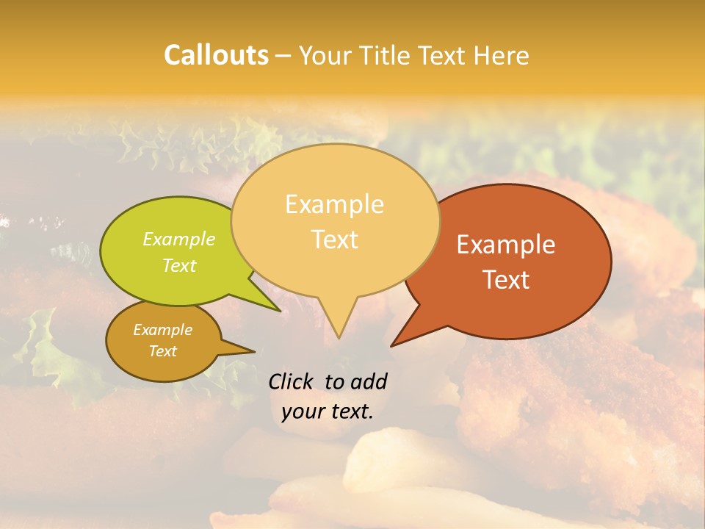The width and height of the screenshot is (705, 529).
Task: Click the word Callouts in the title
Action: pyautogui.click(x=216, y=56)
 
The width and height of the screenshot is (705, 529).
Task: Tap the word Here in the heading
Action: pyautogui.click(x=501, y=56)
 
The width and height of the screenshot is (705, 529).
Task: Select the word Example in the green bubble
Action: pyautogui.click(x=179, y=240)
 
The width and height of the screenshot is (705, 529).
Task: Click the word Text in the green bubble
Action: pyautogui.click(x=179, y=265)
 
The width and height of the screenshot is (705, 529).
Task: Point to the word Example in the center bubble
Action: pyautogui.click(x=334, y=204)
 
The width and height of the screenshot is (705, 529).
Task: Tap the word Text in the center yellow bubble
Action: pyautogui.click(x=335, y=240)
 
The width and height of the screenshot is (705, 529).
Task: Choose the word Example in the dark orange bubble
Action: pyautogui.click(x=506, y=245)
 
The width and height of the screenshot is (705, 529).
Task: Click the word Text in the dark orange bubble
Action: pyautogui.click(x=507, y=280)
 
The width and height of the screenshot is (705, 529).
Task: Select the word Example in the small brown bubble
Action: pyautogui.click(x=162, y=330)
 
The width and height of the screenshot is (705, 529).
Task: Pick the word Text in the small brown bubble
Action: pyautogui.click(x=163, y=351)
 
